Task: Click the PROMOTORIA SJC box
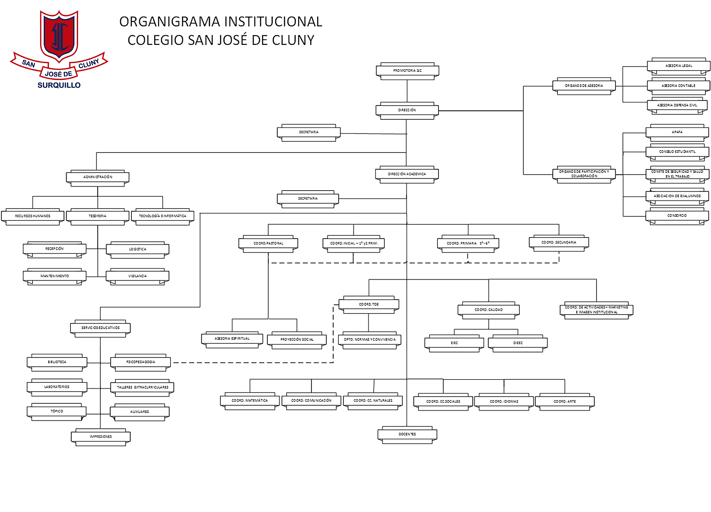click(407, 71)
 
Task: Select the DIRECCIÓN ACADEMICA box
click(407, 174)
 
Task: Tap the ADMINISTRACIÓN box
click(97, 177)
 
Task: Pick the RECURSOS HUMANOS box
click(32, 216)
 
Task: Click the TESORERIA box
click(97, 216)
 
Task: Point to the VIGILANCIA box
click(137, 276)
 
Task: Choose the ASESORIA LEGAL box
click(679, 66)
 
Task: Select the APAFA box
click(677, 132)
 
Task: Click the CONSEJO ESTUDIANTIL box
click(677, 152)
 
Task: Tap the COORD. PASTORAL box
click(268, 244)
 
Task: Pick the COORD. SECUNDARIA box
click(559, 243)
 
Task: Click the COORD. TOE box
click(369, 305)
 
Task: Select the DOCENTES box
click(407, 435)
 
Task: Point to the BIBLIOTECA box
click(57, 362)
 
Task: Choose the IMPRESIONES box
click(100, 437)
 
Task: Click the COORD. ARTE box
click(564, 402)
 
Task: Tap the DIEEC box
click(518, 343)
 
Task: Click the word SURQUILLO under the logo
click(59, 85)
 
